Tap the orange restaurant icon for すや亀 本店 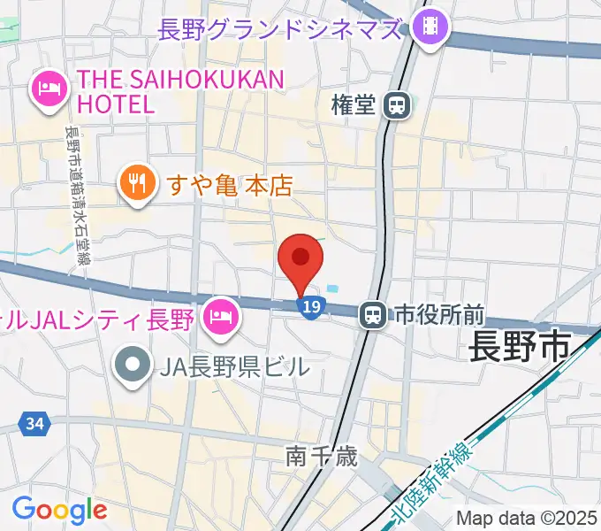point(135,183)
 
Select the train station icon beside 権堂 point(398,106)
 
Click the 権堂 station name point(354,105)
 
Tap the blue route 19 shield point(308,306)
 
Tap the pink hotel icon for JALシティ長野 point(217,316)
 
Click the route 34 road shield point(34,425)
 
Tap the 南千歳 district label point(321,457)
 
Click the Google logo point(59,509)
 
